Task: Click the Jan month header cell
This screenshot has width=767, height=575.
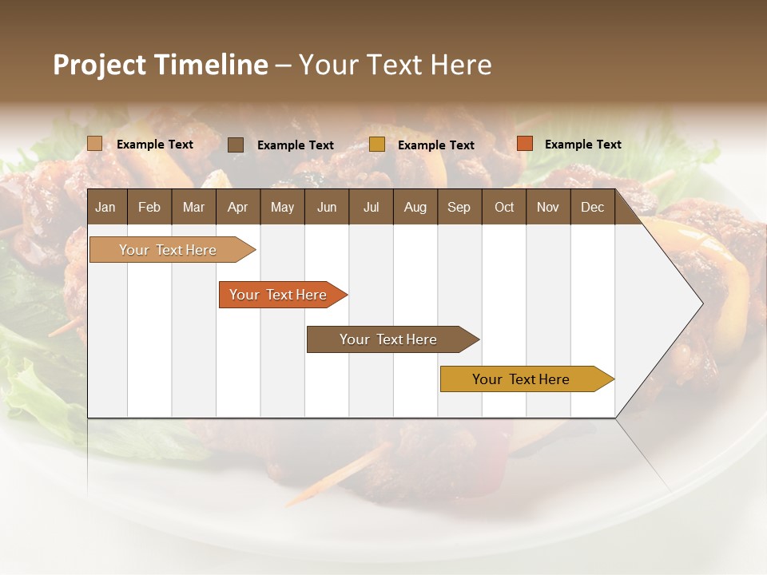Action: click(x=106, y=207)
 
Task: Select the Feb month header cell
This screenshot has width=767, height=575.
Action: click(x=149, y=207)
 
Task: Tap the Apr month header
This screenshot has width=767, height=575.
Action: click(x=238, y=207)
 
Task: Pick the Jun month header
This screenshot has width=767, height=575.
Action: click(x=327, y=207)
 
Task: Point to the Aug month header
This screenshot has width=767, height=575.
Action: click(x=415, y=207)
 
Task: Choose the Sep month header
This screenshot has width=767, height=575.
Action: click(x=459, y=207)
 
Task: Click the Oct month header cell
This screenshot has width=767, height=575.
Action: click(x=504, y=207)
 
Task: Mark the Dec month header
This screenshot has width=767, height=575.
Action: click(x=593, y=207)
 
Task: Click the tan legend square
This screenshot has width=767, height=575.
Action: click(x=94, y=144)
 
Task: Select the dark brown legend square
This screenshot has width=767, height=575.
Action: click(x=236, y=145)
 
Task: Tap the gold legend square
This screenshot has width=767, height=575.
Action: click(x=377, y=145)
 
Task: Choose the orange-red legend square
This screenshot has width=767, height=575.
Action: click(x=524, y=144)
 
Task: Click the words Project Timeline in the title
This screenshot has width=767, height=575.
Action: click(x=161, y=65)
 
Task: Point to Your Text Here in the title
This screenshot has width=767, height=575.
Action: click(x=395, y=65)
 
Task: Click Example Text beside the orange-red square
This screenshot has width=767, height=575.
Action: click(x=583, y=145)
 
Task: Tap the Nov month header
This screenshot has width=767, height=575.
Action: click(x=548, y=207)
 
